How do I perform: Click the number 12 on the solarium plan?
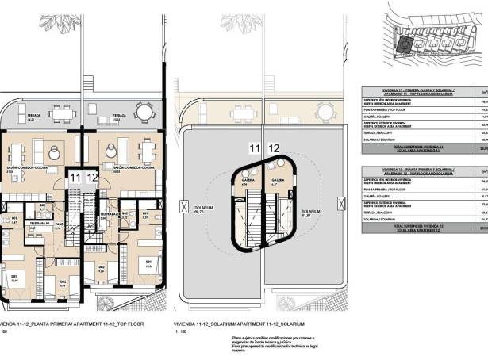point(274,147)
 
